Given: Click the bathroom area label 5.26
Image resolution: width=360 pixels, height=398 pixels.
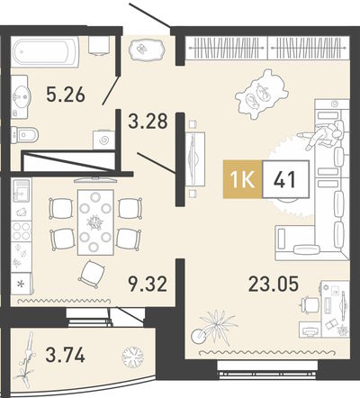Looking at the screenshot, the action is pyautogui.click(x=66, y=95).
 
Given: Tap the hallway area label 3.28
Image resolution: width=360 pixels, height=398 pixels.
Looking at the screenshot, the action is pyautogui.click(x=148, y=121).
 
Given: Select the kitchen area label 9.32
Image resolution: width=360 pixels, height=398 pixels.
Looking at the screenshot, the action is pyautogui.click(x=148, y=284).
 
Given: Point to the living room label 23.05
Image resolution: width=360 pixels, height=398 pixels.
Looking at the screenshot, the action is pyautogui.click(x=274, y=284).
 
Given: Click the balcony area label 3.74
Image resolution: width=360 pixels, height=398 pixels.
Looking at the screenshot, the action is pyautogui.click(x=65, y=355).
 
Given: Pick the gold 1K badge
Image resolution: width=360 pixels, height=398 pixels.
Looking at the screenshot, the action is pyautogui.click(x=242, y=179).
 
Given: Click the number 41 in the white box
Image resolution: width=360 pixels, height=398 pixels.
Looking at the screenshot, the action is pyautogui.click(x=285, y=179).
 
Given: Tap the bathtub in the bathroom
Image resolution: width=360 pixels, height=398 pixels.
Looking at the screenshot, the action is pyautogui.click(x=45, y=50).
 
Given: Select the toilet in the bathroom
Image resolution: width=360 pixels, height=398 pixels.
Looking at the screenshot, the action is pyautogui.click(x=24, y=135).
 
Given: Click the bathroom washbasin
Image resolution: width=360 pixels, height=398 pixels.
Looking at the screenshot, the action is pyautogui.click(x=21, y=95).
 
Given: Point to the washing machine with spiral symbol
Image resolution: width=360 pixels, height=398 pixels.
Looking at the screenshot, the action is pyautogui.click(x=103, y=140).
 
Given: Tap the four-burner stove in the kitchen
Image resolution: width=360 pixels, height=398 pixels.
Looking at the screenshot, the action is pyautogui.click(x=22, y=231).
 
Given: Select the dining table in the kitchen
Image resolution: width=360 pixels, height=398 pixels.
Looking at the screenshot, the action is pyautogui.click(x=95, y=222).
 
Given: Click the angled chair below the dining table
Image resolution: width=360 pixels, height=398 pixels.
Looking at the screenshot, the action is pyautogui.click(x=92, y=274).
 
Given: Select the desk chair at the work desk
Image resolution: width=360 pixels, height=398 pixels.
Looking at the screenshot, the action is pyautogui.click(x=310, y=304).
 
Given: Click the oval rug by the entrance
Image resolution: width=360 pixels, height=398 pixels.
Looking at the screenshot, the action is pyautogui.click(x=147, y=49).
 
